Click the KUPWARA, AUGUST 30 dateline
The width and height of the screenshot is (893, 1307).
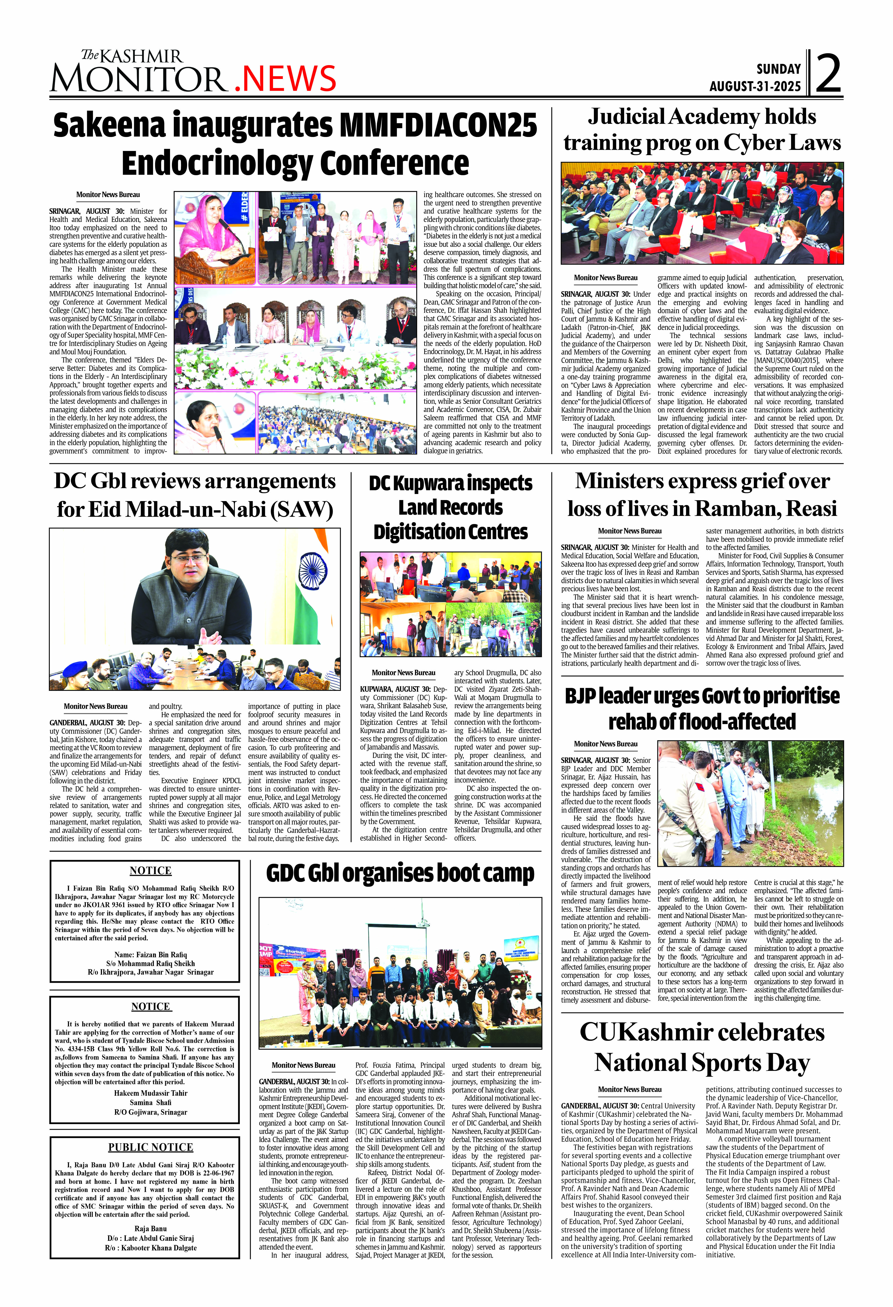[x=396, y=689]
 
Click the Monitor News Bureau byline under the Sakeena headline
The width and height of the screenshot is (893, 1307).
[x=108, y=195]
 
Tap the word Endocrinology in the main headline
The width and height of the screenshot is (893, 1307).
[x=216, y=164]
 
